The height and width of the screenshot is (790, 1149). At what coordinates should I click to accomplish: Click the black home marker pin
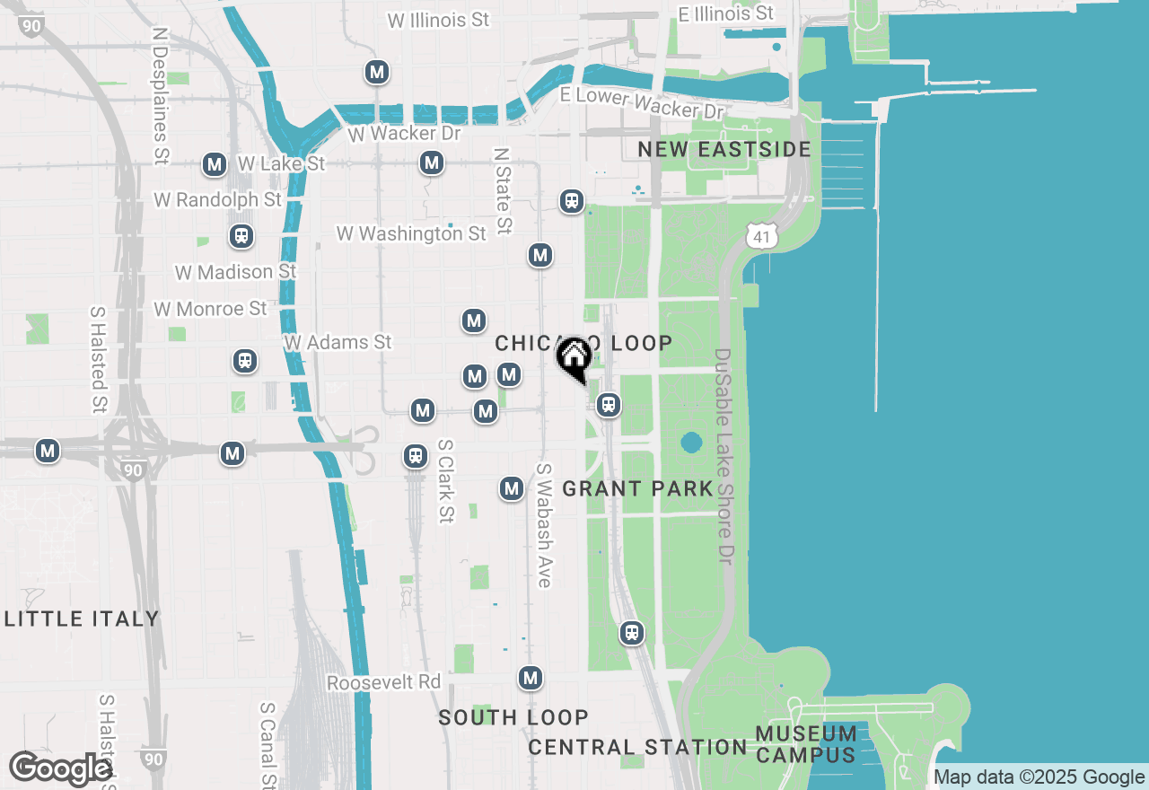(x=574, y=358)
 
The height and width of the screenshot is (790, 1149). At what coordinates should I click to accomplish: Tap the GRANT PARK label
(x=637, y=489)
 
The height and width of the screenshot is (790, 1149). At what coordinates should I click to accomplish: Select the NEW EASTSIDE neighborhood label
(x=724, y=149)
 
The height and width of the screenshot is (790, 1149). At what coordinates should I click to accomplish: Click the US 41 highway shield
(x=761, y=236)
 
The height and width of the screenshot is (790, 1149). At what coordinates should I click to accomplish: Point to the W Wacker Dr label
(x=404, y=134)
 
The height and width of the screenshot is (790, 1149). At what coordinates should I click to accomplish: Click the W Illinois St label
(x=438, y=19)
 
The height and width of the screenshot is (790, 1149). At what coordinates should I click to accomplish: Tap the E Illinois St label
(x=725, y=13)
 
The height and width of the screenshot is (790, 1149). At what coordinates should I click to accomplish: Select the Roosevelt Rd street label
(x=383, y=682)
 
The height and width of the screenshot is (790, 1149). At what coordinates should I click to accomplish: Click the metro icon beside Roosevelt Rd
(x=531, y=678)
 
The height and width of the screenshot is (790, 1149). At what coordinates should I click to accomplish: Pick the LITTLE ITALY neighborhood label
(x=82, y=619)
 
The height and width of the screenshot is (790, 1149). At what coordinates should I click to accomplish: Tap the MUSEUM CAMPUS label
(x=805, y=744)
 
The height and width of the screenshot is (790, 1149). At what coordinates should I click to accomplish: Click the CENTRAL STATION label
(x=637, y=747)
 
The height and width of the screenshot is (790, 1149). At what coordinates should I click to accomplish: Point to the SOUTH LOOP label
(x=513, y=717)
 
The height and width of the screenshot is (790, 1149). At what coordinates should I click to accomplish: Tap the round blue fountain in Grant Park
(x=691, y=443)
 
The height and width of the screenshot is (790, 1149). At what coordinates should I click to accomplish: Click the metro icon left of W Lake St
(x=215, y=164)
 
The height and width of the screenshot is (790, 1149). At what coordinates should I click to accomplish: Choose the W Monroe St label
(x=210, y=309)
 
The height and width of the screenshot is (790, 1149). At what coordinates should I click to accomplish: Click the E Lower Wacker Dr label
(x=641, y=103)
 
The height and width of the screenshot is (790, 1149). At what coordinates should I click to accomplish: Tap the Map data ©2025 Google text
(x=1039, y=777)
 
